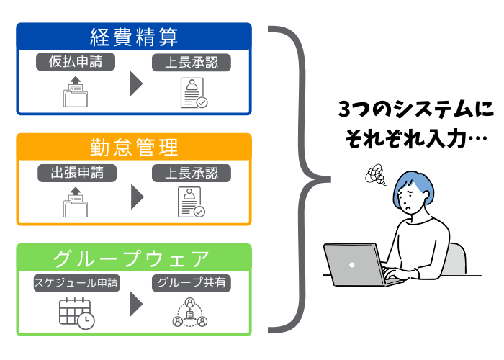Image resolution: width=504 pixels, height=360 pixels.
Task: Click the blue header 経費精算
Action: [x=134, y=36]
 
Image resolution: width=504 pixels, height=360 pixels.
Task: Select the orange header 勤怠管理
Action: [x=134, y=147]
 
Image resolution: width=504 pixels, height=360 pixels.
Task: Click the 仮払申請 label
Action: [x=76, y=62]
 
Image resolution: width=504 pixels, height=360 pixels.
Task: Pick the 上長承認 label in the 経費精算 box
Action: [x=192, y=63]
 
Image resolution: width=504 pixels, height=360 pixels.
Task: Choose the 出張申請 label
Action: [x=77, y=173]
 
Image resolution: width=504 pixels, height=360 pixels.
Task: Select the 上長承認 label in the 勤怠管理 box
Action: [x=192, y=173]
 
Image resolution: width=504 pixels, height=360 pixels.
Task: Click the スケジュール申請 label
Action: [x=77, y=283]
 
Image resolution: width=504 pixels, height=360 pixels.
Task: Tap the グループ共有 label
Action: [x=192, y=283]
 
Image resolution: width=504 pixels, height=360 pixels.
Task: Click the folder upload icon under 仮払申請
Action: [x=76, y=91]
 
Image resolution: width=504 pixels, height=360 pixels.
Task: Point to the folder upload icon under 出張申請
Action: [x=76, y=202]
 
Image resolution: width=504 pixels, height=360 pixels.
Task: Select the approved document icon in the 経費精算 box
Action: [x=194, y=93]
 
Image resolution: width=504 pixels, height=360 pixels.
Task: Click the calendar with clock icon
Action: [x=77, y=313]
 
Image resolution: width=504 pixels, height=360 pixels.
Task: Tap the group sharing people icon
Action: [x=190, y=312]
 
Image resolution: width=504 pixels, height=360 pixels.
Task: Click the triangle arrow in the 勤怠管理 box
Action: [x=138, y=197]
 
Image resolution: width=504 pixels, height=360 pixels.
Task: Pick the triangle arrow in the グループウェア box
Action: [x=136, y=304]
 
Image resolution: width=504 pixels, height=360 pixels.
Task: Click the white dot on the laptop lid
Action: [x=352, y=265]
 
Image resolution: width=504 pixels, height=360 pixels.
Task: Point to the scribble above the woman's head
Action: [x=375, y=175]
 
